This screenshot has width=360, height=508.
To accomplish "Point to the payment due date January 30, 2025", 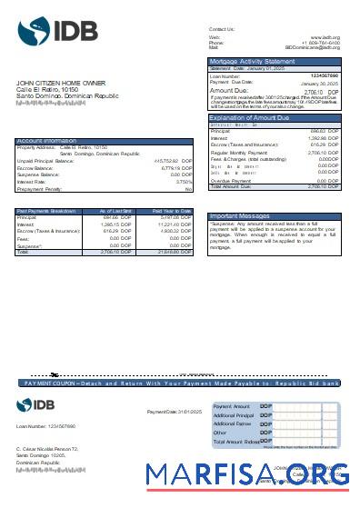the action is pos(319,83).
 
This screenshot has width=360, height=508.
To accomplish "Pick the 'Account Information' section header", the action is pos(46,141).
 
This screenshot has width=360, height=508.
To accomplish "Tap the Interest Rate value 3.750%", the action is pos(183,182).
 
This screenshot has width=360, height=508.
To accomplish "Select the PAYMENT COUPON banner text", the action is pos(182,384).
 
